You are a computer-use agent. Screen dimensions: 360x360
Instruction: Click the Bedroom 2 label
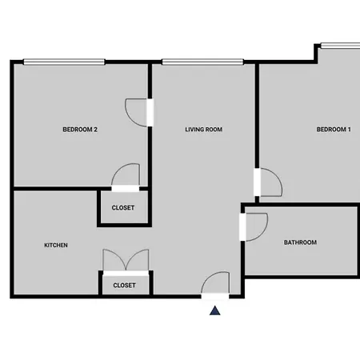pos(80,130)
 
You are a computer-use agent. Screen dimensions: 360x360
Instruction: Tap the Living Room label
pos(204,130)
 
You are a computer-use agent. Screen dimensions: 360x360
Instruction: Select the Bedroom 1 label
pos(334,130)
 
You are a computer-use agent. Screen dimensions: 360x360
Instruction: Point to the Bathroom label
pos(300,242)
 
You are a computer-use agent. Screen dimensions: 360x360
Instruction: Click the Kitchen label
pos(56,245)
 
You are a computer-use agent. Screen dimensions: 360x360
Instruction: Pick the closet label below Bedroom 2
pos(123,208)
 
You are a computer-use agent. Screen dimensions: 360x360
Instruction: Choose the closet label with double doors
pos(124,286)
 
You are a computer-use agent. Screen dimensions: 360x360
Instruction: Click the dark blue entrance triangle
pos(215,311)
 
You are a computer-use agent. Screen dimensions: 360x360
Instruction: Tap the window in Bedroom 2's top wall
pos(64,62)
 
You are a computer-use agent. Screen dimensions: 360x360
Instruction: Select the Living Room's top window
pos(202,62)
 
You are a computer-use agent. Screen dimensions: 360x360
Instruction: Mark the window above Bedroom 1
pos(340,46)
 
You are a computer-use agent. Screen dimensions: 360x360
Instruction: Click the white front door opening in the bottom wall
pos(215,296)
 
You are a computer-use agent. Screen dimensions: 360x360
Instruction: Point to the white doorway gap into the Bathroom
pos(242,227)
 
